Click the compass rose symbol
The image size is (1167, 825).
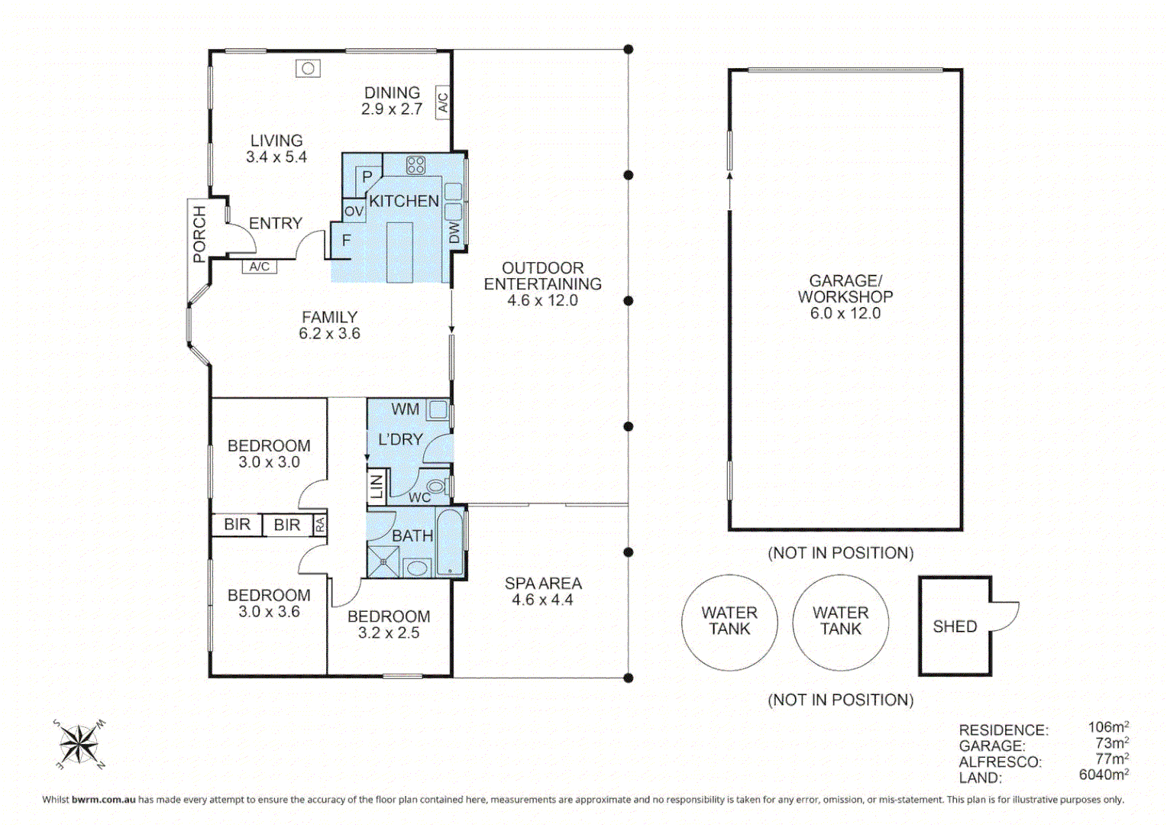click(78, 743)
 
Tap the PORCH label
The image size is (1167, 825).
click(199, 234)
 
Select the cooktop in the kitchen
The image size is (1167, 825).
click(415, 165)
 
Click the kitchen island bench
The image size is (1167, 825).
click(399, 252)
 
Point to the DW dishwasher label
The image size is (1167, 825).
click(454, 232)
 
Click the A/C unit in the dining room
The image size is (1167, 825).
click(442, 102)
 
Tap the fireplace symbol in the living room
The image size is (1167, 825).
click(308, 69)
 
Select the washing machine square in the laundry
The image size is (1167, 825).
click(438, 410)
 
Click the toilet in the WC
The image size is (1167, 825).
click(436, 487)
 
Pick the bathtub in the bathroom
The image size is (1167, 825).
click(451, 542)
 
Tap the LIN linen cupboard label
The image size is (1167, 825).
click(377, 487)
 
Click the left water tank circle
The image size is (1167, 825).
click(729, 622)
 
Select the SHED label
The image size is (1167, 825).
click(955, 626)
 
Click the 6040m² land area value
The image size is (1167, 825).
click(1103, 775)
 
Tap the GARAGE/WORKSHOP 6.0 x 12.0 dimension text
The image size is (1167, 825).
click(845, 313)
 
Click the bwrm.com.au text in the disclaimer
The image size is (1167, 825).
click(103, 800)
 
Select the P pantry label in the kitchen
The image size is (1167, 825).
click(367, 177)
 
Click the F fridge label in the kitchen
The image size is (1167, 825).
click(346, 241)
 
